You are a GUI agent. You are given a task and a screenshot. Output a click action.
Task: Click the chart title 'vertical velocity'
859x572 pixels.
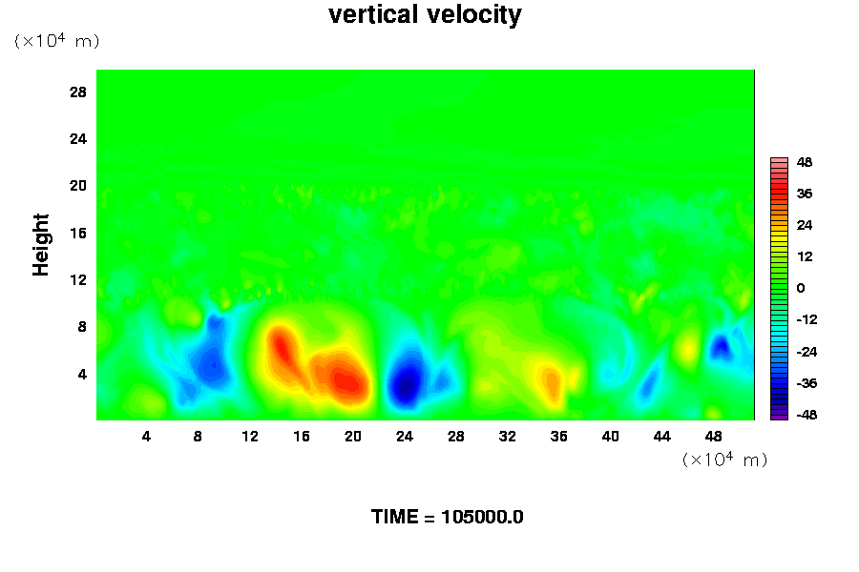click(425, 15)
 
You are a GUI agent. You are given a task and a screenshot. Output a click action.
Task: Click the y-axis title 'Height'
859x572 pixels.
click(40, 245)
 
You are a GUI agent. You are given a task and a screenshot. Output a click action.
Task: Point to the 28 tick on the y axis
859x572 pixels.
click(78, 92)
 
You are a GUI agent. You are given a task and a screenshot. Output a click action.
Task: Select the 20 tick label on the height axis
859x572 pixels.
click(78, 186)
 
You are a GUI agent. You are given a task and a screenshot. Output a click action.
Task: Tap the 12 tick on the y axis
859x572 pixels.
click(78, 279)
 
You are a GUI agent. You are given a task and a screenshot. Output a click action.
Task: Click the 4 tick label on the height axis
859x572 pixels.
click(82, 374)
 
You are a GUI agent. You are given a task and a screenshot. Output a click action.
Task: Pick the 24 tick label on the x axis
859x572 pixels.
click(405, 437)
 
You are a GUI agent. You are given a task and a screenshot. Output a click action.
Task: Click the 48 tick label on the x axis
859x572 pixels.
click(713, 437)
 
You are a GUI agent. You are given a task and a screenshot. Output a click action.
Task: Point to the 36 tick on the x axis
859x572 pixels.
click(558, 437)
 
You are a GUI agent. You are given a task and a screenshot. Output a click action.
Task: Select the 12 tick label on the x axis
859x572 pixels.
click(250, 437)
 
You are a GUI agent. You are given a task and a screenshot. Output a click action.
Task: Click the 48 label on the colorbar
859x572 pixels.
click(805, 162)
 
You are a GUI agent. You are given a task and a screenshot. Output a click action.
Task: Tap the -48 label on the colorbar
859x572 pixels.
click(807, 415)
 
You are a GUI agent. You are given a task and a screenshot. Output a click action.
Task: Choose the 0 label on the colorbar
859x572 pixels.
click(801, 288)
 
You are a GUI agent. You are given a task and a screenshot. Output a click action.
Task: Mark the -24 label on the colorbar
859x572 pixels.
click(807, 352)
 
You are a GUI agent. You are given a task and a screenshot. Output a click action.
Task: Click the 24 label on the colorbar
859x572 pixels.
click(805, 225)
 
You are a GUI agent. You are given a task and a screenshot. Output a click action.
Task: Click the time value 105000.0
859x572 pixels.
click(482, 517)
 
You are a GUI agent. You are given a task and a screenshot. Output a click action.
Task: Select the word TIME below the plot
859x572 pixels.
click(394, 517)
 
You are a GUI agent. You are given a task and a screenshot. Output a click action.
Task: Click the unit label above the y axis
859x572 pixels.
click(56, 40)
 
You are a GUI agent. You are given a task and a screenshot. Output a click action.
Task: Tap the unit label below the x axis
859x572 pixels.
click(724, 459)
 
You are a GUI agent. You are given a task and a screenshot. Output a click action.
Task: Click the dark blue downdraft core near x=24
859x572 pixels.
click(406, 383)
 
